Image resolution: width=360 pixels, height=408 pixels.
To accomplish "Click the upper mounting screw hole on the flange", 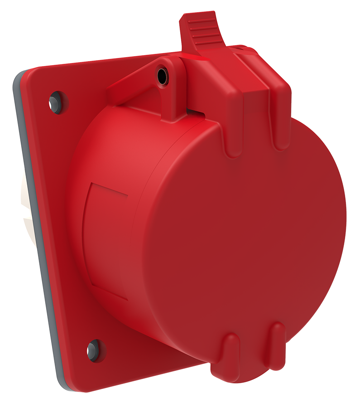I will [56, 100].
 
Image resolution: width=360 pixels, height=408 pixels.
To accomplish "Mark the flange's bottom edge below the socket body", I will [149, 376].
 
